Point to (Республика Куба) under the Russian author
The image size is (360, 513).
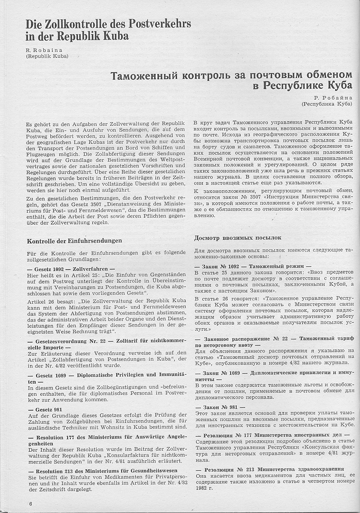point(327,104)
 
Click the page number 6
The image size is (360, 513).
point(31,504)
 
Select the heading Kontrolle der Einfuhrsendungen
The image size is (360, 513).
point(74,241)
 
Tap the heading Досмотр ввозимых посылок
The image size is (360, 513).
point(237,238)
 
